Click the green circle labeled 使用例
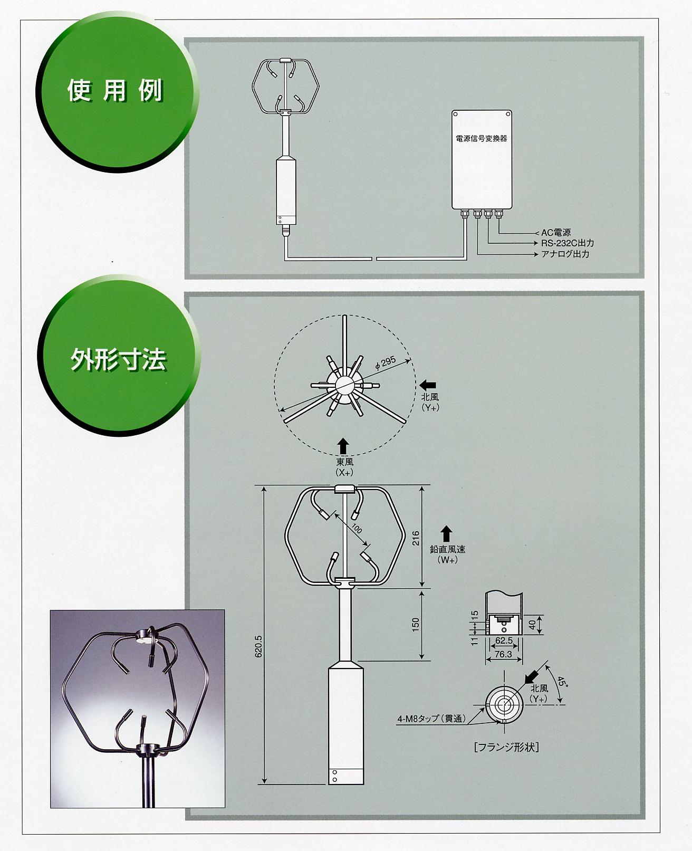(x=117, y=91)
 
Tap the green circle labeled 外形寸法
(x=118, y=356)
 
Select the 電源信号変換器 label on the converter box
(x=482, y=139)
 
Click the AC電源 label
(x=556, y=233)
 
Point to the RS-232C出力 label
(x=568, y=243)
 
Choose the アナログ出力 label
(x=565, y=254)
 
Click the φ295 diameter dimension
(x=386, y=363)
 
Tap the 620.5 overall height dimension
(x=258, y=646)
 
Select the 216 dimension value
(x=416, y=539)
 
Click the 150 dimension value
(x=415, y=625)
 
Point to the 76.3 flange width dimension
(x=503, y=654)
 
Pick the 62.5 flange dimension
(x=504, y=640)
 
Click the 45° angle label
(x=562, y=682)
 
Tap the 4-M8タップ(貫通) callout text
(x=431, y=719)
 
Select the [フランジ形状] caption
(x=506, y=747)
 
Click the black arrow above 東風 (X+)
(x=343, y=446)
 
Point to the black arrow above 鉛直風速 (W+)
(x=446, y=534)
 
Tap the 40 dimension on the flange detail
(x=532, y=625)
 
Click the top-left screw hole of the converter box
(x=456, y=114)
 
